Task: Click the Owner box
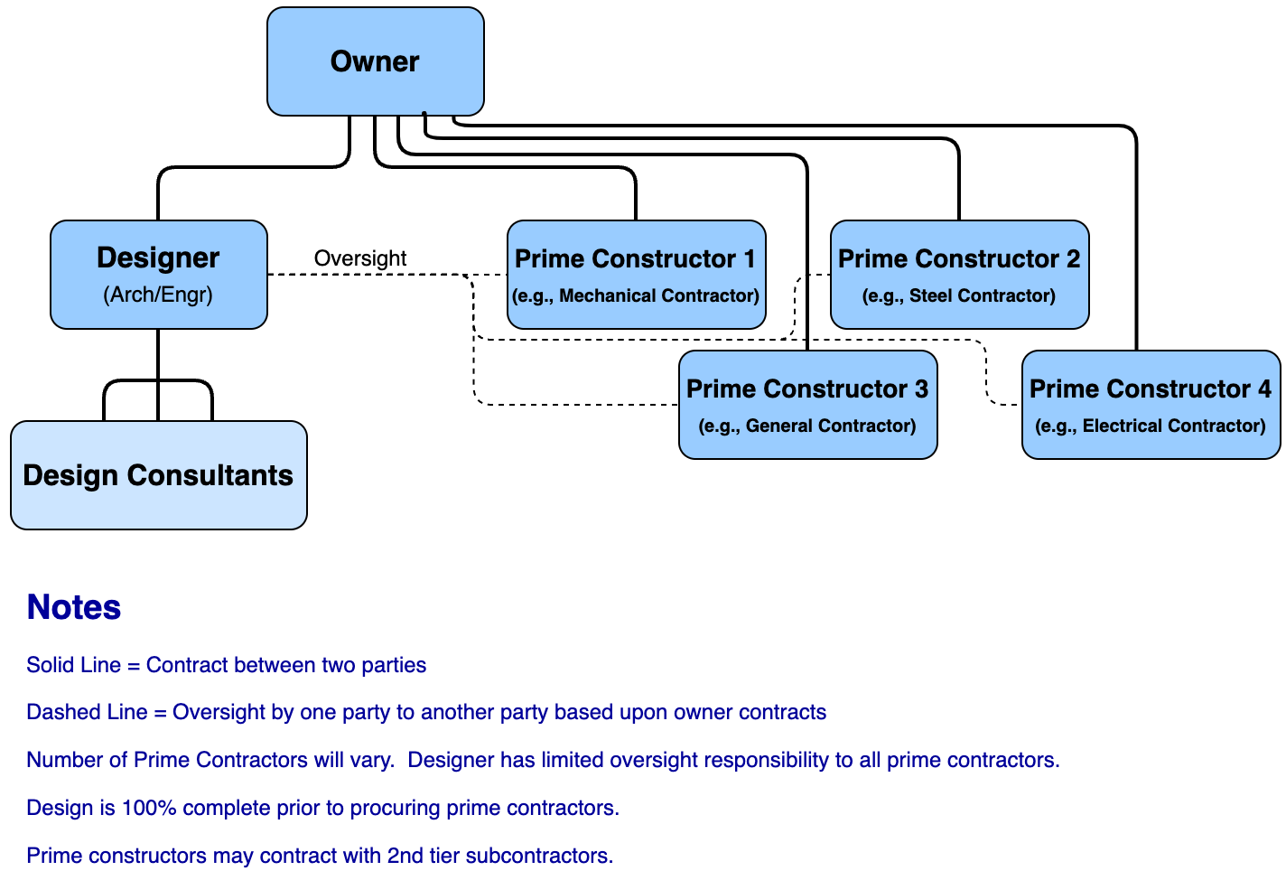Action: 376,61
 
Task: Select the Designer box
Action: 159,274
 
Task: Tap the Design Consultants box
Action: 159,475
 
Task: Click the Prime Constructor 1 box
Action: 636,274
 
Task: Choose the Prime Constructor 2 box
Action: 959,274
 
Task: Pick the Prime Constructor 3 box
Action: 807,404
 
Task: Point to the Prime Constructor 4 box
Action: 1151,404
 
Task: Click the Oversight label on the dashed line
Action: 360,258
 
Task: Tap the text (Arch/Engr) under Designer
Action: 158,295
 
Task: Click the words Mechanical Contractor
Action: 658,295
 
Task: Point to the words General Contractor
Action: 830,426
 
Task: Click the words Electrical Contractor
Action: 1173,426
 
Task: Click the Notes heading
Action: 74,607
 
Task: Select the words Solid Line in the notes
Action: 73,665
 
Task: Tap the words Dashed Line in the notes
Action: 87,712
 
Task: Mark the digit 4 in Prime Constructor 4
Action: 1264,389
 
